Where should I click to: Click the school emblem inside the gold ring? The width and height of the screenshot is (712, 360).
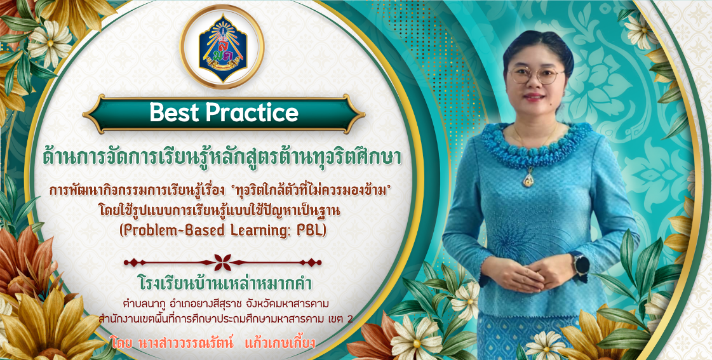[x=222, y=47]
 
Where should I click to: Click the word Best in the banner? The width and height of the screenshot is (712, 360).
[x=176, y=112]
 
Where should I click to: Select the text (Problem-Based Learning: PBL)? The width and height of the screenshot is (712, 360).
[x=223, y=230]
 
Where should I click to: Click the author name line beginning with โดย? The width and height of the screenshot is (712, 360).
[x=213, y=342]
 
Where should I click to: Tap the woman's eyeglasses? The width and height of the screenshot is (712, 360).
[x=536, y=75]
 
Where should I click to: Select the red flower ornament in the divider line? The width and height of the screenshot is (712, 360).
[x=222, y=262]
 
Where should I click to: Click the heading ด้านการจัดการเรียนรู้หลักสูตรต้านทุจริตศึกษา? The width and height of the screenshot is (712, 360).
[x=222, y=157]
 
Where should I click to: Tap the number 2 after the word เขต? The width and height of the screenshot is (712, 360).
[x=349, y=319]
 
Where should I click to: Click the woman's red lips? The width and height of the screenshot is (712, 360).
[x=534, y=97]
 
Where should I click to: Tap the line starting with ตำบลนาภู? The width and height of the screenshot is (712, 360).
[x=225, y=303]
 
